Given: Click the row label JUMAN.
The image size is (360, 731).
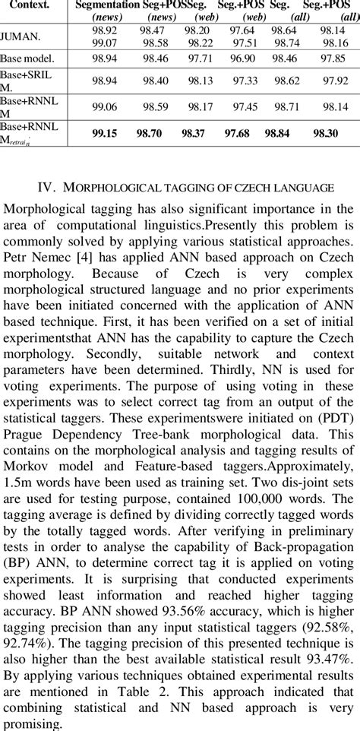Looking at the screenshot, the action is pyautogui.click(x=21, y=35).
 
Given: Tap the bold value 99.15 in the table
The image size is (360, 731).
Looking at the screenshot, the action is pyautogui.click(x=106, y=133).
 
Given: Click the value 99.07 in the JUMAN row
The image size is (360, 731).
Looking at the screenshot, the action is pyautogui.click(x=105, y=43).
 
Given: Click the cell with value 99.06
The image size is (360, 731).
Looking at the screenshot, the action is pyautogui.click(x=105, y=107).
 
